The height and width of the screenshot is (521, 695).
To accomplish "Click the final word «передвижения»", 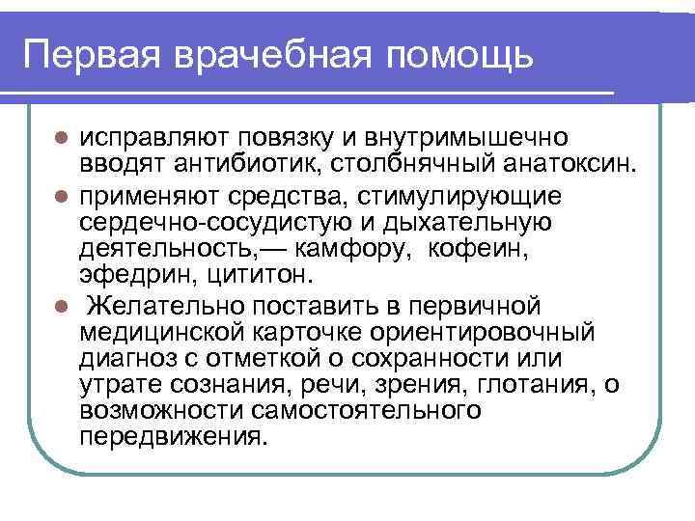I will [x=171, y=437].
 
